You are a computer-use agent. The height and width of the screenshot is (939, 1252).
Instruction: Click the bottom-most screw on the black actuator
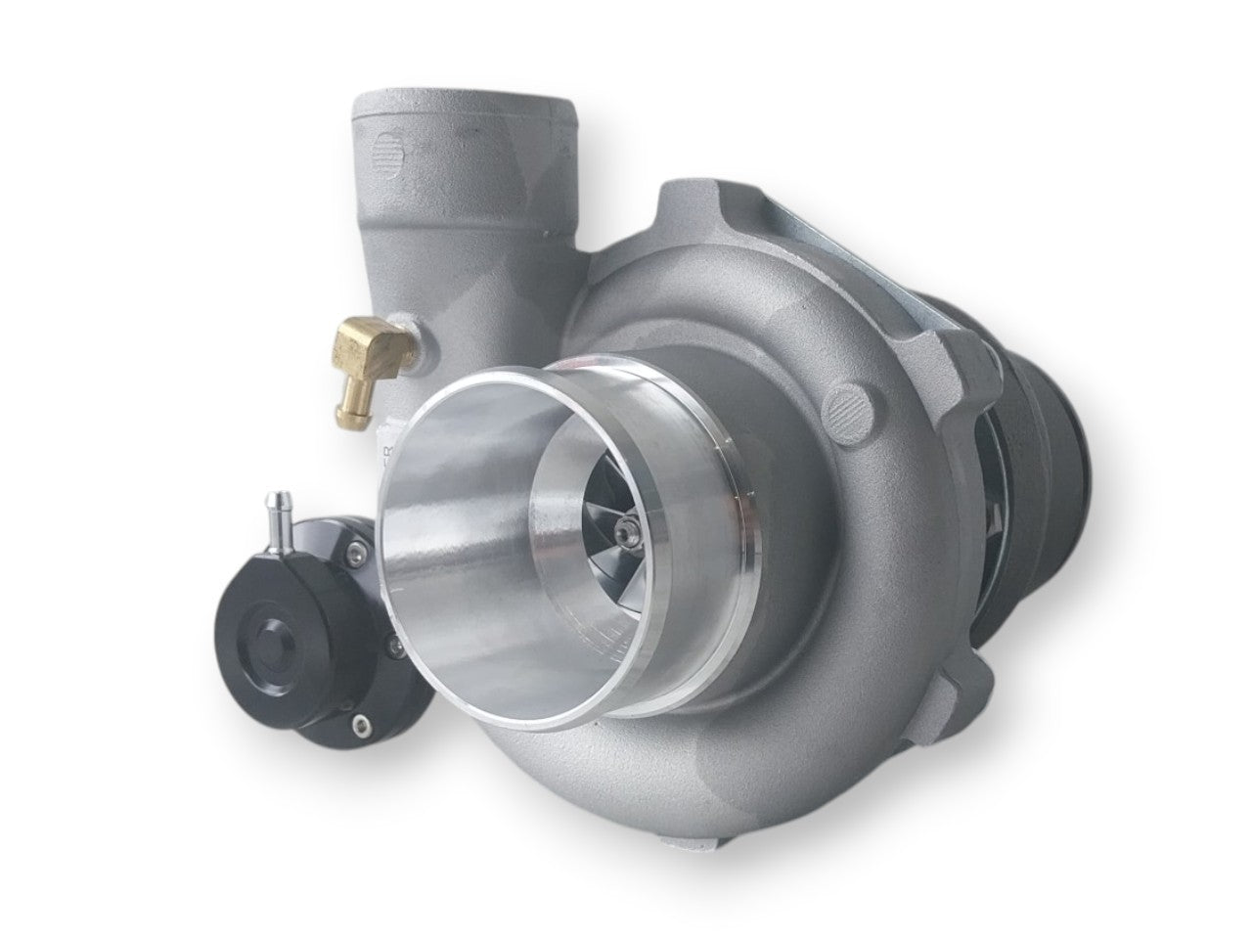tap(364, 725)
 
